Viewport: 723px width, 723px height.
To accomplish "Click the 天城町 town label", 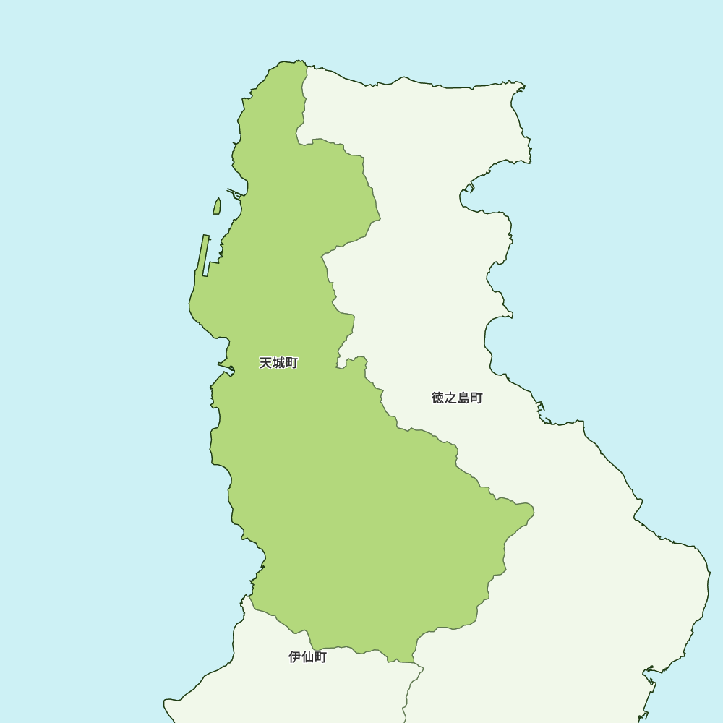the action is click(x=278, y=363).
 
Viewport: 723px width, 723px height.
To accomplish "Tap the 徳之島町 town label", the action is click(x=457, y=398).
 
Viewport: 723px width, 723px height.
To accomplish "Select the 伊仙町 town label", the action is click(x=307, y=657).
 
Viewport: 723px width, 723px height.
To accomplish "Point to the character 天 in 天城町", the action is click(x=265, y=363).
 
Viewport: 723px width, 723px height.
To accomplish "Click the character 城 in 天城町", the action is click(x=278, y=363).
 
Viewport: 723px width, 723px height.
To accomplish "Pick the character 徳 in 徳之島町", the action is click(x=437, y=398).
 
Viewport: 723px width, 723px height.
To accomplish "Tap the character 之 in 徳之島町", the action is click(x=450, y=398).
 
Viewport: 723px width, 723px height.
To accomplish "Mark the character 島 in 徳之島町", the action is click(x=463, y=398).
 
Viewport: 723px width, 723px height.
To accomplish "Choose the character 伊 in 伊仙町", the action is click(x=294, y=657).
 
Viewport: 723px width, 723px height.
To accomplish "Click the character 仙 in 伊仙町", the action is click(x=307, y=657).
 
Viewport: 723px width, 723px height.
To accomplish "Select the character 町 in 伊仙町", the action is click(x=320, y=657).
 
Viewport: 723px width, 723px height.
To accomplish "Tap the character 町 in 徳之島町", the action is click(x=476, y=398).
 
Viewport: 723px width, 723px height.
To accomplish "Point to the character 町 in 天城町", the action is click(x=291, y=363).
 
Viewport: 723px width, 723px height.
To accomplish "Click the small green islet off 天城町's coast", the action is click(x=216, y=207).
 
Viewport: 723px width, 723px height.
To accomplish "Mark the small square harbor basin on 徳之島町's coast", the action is click(x=469, y=188).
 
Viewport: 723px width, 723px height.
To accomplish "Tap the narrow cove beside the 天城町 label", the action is click(x=226, y=370).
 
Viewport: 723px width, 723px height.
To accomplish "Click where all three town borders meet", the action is click(x=414, y=662).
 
